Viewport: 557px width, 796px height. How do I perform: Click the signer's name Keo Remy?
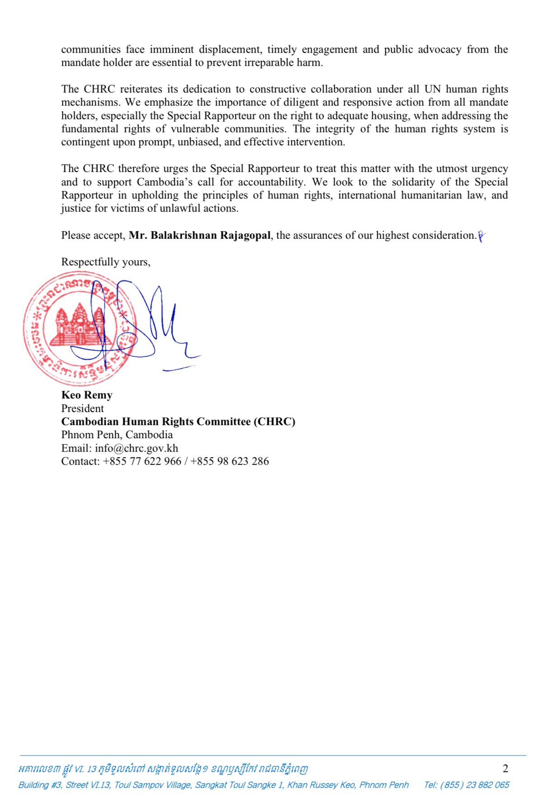coord(87,395)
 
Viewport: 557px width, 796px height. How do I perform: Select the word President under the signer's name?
coord(82,408)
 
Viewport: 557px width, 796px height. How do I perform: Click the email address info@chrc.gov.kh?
coord(136,448)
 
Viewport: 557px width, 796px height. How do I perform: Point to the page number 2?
coord(506,768)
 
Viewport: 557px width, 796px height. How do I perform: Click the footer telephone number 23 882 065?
coord(487,785)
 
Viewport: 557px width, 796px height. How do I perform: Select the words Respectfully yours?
coord(106,262)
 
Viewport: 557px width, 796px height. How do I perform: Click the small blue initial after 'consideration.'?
coord(481,236)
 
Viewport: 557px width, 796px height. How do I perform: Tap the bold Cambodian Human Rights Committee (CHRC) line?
coord(178,421)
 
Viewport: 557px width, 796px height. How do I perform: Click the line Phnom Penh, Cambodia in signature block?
coord(117,435)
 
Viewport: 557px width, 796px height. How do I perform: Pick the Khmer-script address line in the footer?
coord(163,768)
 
